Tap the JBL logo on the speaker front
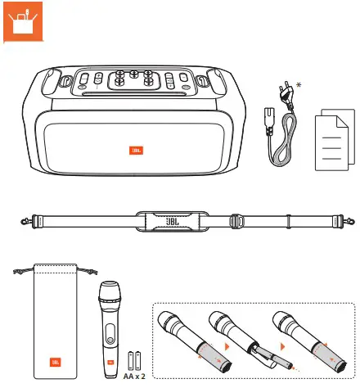coord(136,150)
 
